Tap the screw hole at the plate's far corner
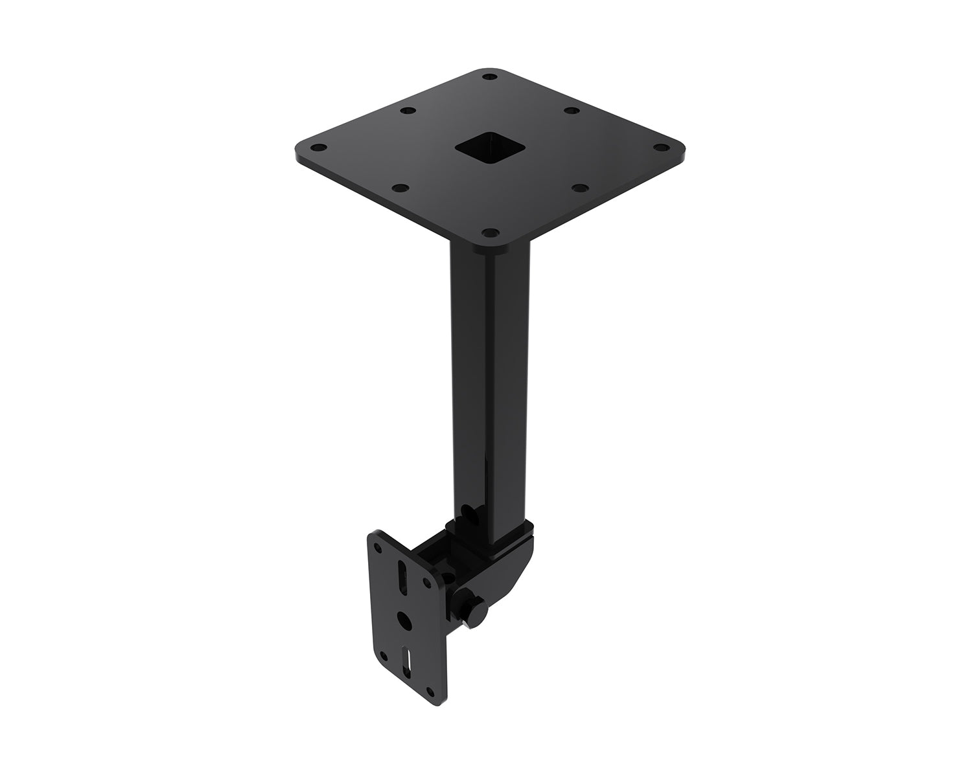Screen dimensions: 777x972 491,77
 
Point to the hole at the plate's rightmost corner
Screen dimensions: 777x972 662,148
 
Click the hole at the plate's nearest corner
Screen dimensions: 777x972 491,231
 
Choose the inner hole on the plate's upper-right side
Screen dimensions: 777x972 572,111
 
